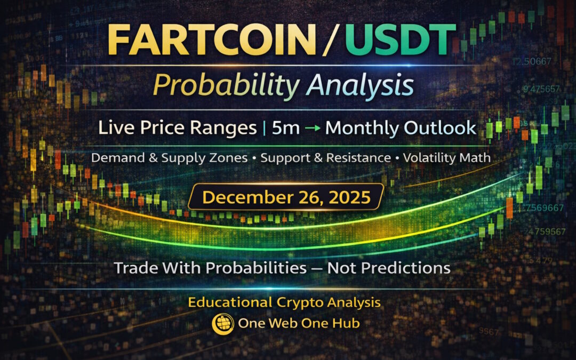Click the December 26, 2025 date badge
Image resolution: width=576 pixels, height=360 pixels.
tap(286, 197)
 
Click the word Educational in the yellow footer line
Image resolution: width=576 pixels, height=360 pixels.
tap(229, 302)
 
